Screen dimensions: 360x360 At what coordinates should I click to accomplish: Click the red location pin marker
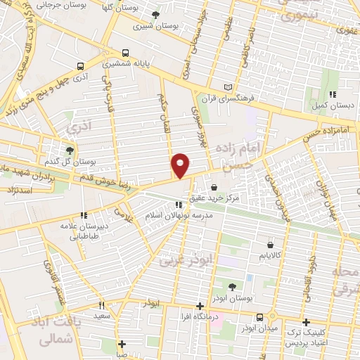(x=181, y=165)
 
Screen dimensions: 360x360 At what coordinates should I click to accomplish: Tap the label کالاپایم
(x=271, y=257)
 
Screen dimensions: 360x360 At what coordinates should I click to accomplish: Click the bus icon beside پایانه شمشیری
(x=126, y=52)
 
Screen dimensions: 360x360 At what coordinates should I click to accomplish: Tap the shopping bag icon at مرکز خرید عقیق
(x=213, y=188)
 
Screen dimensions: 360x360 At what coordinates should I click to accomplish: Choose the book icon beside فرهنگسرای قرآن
(x=226, y=87)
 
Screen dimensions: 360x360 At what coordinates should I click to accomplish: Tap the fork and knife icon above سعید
(x=102, y=306)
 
